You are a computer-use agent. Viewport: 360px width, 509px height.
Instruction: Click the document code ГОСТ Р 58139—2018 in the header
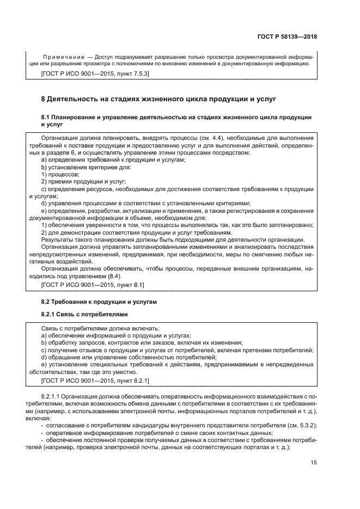288,36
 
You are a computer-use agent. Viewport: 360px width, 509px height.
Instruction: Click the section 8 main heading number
44,99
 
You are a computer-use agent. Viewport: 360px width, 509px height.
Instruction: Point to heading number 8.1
46,117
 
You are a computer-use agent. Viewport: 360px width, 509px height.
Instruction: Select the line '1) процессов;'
60,174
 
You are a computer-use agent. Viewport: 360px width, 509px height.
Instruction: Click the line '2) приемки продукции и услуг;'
83,181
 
